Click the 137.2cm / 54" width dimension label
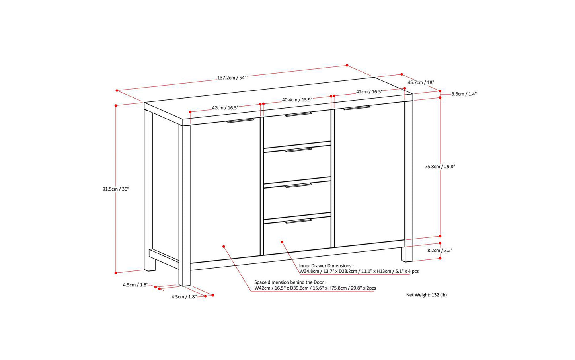click(232, 78)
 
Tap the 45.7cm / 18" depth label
click(421, 82)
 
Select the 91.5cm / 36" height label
click(116, 189)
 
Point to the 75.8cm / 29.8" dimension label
click(440, 167)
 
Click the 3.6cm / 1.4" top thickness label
click(464, 94)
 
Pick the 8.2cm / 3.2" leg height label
click(440, 251)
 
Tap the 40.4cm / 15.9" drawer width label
click(297, 100)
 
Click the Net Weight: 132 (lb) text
click(426, 295)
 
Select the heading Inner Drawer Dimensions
click(326, 266)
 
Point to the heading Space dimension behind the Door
click(290, 282)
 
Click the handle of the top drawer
click(298, 114)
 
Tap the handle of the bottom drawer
click(298, 221)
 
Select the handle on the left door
click(240, 121)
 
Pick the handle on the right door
click(357, 108)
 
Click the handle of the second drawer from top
click(298, 150)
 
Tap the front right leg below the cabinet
click(407, 254)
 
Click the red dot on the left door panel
click(224, 246)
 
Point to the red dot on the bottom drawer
click(282, 242)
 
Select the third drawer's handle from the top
click(298, 185)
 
